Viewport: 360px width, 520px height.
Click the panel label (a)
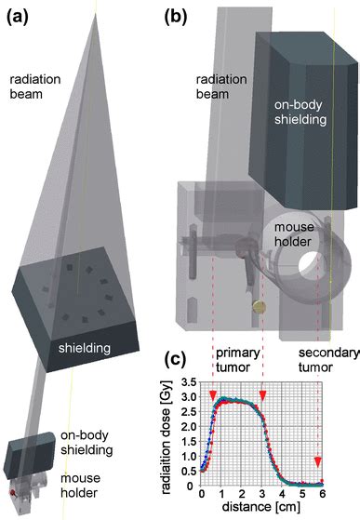coord(17,13)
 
